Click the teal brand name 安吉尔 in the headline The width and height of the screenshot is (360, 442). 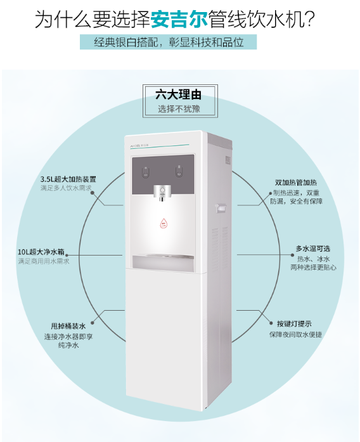coord(179,19)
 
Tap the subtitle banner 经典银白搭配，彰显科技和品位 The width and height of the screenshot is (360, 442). coord(169,42)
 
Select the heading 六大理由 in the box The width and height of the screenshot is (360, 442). coord(179,94)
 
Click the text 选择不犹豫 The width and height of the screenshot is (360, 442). coord(179,108)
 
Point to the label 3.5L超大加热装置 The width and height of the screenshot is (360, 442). coord(68,179)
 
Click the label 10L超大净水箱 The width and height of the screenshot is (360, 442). coord(41,252)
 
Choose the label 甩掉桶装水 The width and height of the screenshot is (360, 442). coord(68,326)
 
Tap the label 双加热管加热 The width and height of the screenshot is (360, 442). coord(296,183)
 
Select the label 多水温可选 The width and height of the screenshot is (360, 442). coord(313,249)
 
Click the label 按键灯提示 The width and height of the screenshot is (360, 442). coord(294,323)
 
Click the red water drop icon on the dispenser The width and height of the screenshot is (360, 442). coord(164,223)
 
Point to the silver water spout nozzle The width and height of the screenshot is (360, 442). coord(162,193)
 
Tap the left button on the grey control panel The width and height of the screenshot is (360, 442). coord(146,172)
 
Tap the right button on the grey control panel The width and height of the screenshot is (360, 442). coord(179,172)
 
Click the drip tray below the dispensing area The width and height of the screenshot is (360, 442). coord(164,261)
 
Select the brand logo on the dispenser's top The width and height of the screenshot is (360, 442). coord(139,145)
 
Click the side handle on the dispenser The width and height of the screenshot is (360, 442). coord(221,208)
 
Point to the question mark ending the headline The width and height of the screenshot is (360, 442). coord(310,19)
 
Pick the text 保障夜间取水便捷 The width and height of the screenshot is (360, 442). coord(295,335)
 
